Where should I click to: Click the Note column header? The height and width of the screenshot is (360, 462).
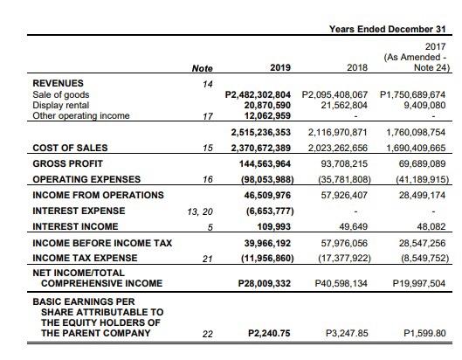click(x=202, y=66)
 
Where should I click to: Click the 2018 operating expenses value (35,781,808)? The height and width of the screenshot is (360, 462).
click(x=341, y=179)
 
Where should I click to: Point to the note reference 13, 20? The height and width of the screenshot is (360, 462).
click(x=199, y=211)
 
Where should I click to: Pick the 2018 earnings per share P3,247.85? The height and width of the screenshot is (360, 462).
click(x=348, y=333)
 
